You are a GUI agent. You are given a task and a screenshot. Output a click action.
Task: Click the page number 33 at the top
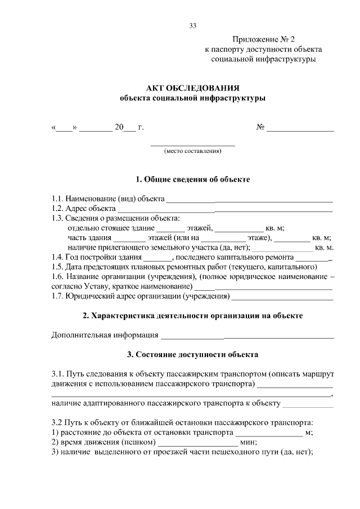[x=193, y=26]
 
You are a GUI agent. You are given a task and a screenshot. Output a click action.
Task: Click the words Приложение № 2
[x=259, y=40]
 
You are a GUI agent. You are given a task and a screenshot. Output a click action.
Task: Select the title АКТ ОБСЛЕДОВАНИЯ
[x=192, y=88]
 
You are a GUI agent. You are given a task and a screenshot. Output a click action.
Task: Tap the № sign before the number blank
[x=260, y=128]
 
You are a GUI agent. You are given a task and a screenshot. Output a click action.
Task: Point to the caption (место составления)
[x=192, y=151]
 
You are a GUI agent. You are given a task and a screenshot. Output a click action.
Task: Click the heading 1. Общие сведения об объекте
[x=192, y=179]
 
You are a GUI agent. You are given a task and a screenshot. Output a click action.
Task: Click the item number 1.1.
[x=57, y=199]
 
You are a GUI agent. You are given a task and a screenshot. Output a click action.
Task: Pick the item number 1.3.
[x=57, y=218]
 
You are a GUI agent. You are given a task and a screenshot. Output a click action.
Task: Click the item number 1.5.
[x=57, y=266]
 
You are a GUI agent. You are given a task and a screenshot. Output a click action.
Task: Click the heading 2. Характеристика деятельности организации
[x=192, y=316]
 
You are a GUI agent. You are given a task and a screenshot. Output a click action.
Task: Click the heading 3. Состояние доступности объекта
[x=192, y=355]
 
